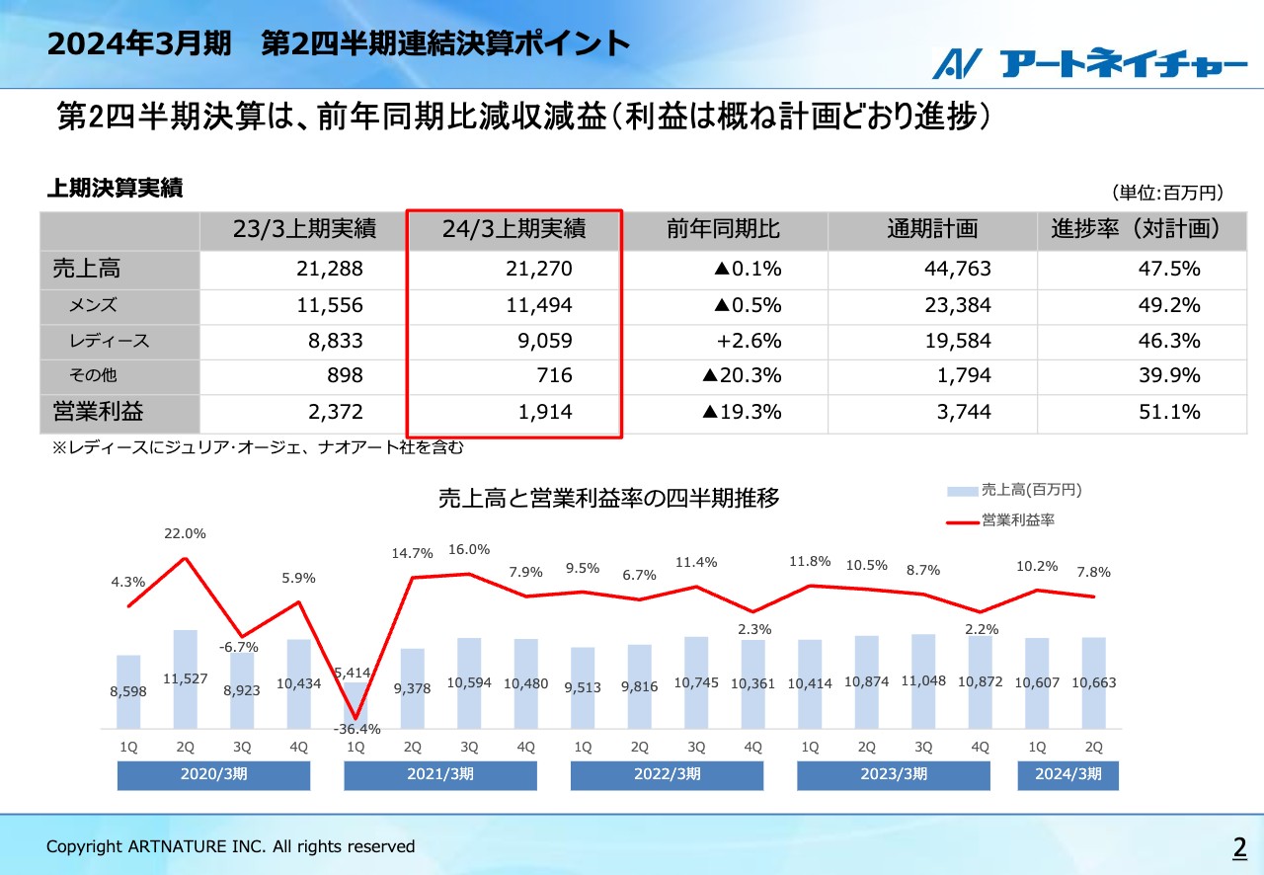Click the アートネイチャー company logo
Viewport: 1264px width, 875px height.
click(x=1090, y=64)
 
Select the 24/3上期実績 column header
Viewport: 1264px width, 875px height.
click(x=513, y=229)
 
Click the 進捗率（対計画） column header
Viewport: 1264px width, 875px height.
click(x=1136, y=229)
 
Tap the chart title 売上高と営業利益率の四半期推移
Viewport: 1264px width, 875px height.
click(x=609, y=499)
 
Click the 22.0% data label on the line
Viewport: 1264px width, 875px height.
click(x=185, y=534)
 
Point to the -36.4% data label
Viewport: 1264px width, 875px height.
click(x=355, y=729)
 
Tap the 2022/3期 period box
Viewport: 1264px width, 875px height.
click(x=667, y=774)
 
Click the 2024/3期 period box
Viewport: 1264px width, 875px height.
click(x=1067, y=774)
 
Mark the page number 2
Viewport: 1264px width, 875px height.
click(x=1238, y=846)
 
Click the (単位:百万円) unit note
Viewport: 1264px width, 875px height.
click(x=1167, y=193)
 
